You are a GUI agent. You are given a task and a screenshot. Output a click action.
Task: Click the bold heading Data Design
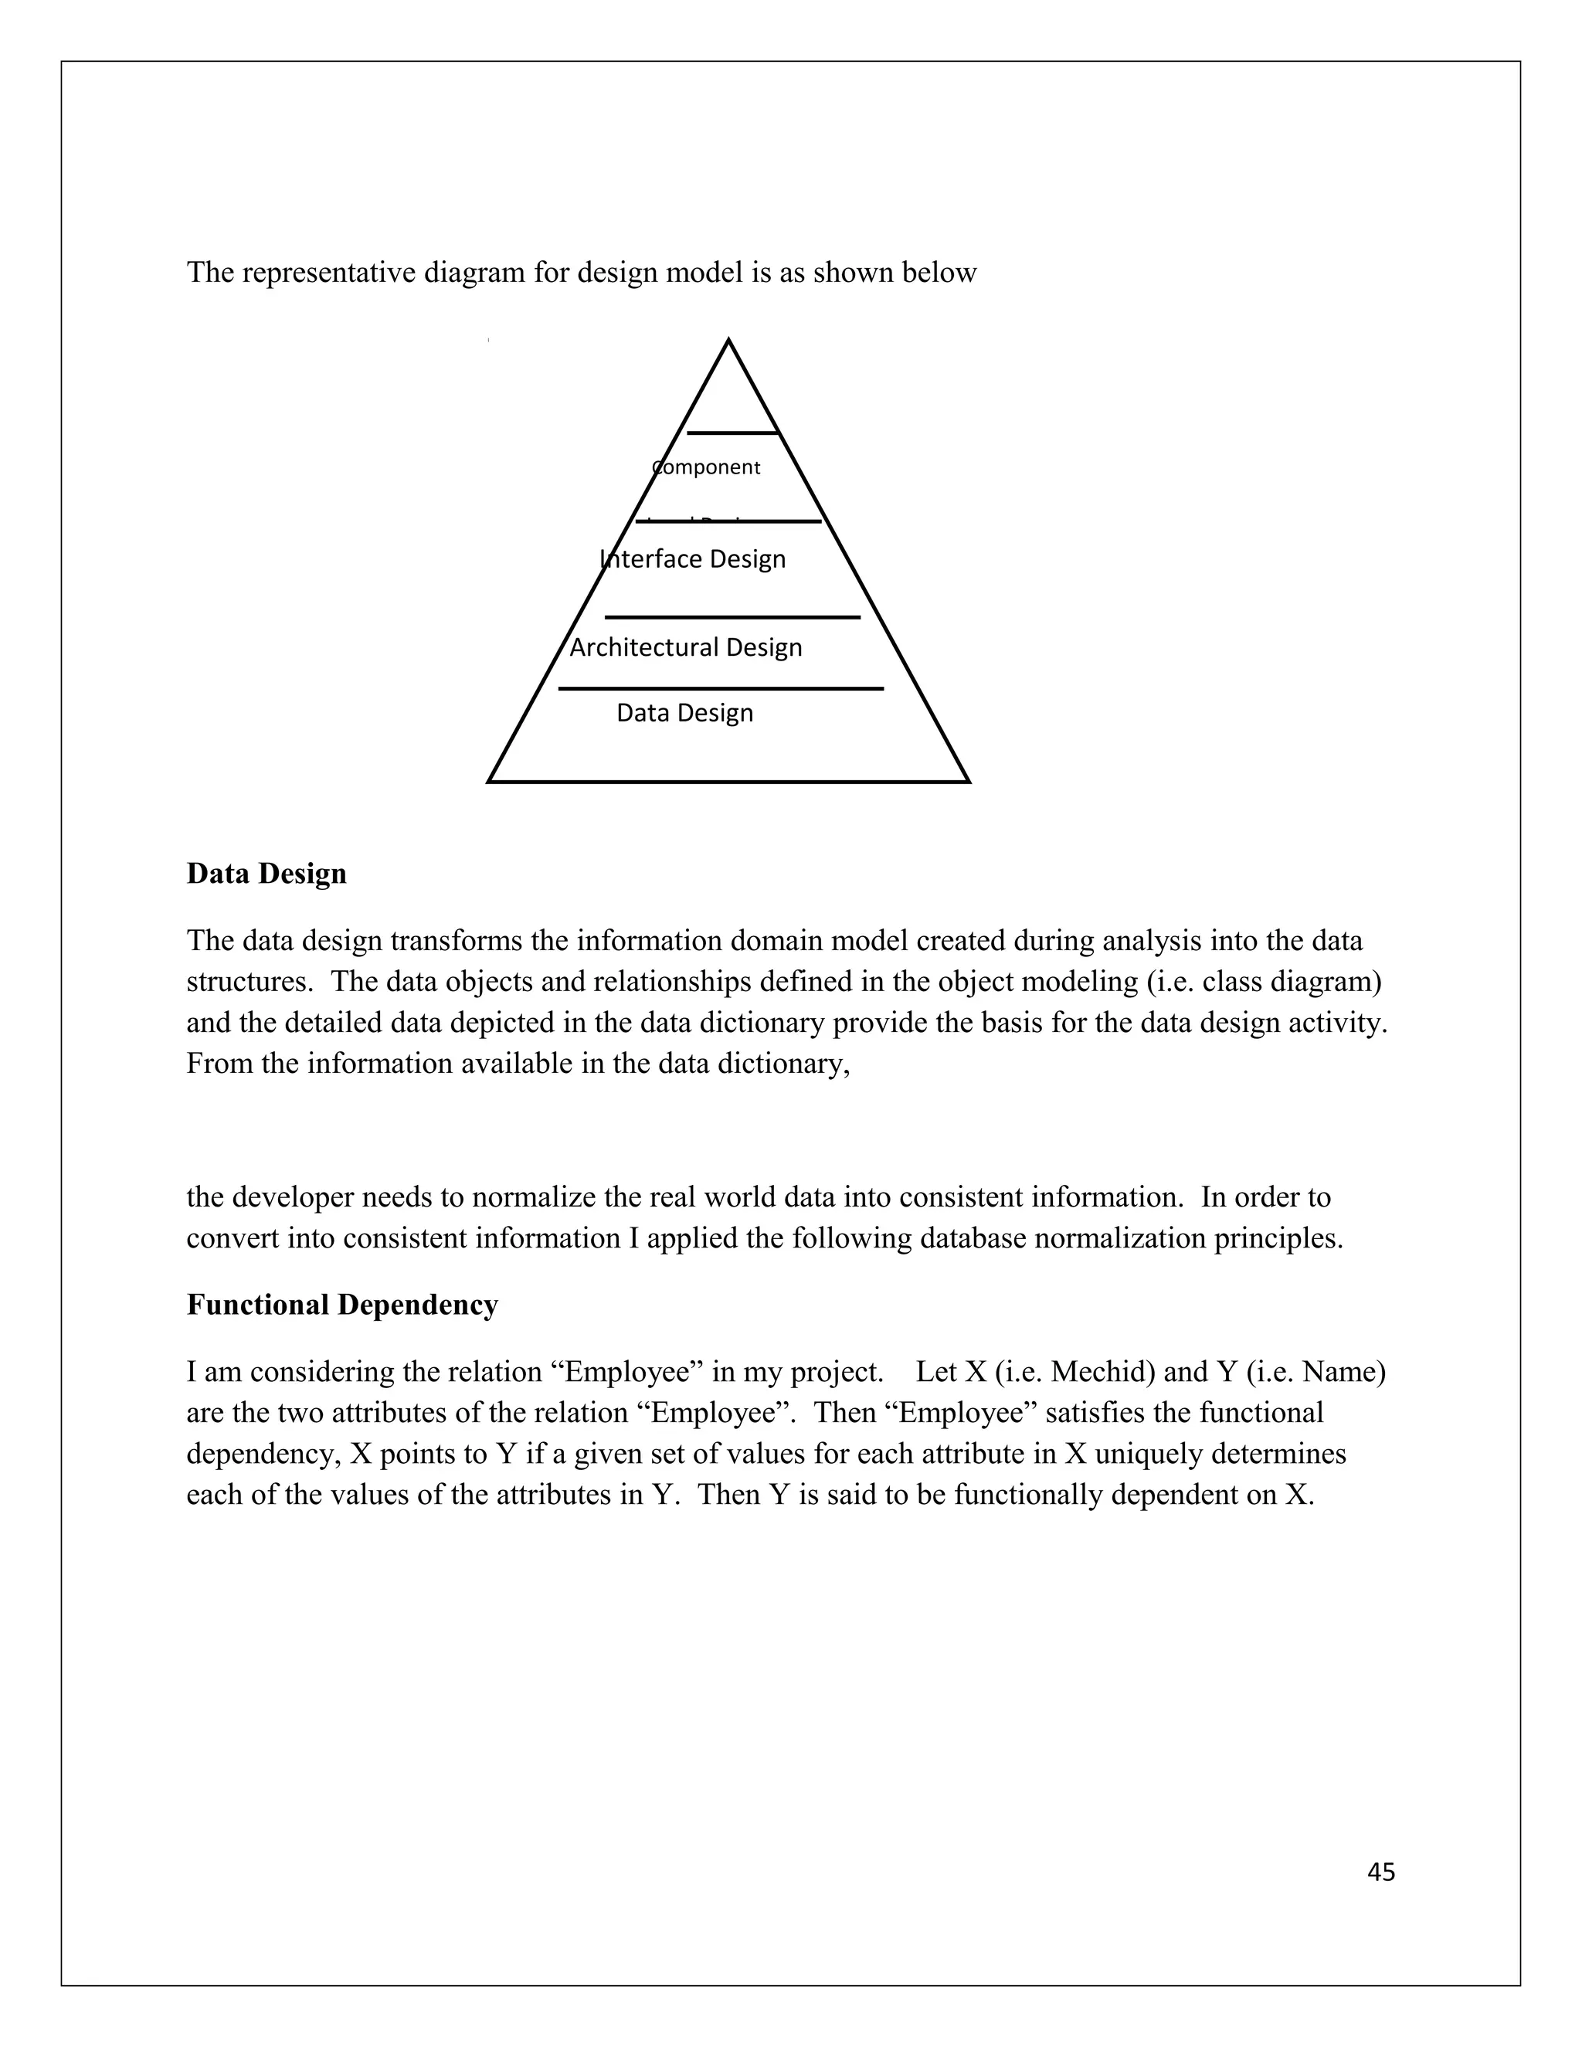click(x=266, y=874)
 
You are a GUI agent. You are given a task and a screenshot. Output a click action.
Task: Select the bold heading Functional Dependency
click(x=342, y=1305)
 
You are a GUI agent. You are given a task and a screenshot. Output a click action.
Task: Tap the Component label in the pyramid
click(x=706, y=467)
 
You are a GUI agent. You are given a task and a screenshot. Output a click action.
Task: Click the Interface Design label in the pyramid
click(x=693, y=558)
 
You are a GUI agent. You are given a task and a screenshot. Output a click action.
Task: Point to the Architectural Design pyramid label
click(x=685, y=647)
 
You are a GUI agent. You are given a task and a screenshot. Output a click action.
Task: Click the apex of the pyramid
click(x=728, y=341)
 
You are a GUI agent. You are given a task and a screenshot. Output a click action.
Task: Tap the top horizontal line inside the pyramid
click(x=732, y=433)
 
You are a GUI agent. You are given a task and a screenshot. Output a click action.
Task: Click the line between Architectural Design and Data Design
click(x=720, y=689)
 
